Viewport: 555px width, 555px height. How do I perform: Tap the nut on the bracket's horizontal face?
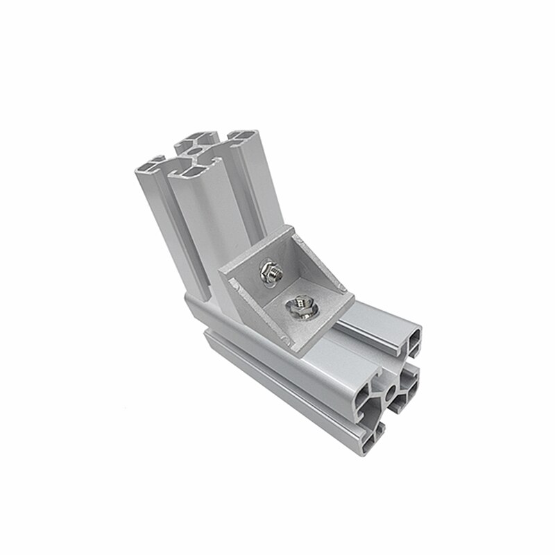coord(299,305)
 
